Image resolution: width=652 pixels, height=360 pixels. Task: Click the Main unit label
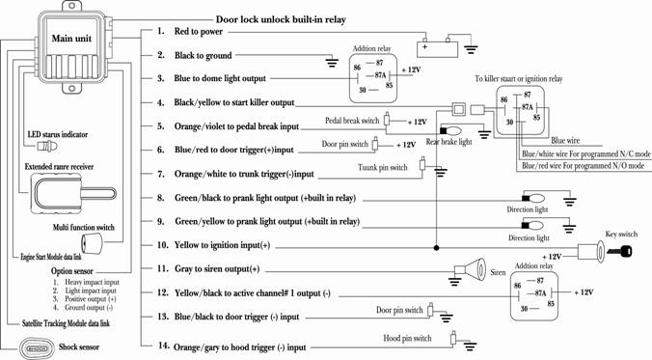pyautogui.click(x=71, y=39)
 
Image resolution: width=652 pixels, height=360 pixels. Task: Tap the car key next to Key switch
pyautogui.click(x=619, y=251)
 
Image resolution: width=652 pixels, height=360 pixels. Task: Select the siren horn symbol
pyautogui.click(x=471, y=269)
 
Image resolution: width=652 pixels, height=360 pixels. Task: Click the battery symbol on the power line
pyautogui.click(x=437, y=47)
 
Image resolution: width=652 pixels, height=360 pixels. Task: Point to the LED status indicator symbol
pyautogui.click(x=47, y=146)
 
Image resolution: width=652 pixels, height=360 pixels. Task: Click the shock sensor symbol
pyautogui.click(x=37, y=347)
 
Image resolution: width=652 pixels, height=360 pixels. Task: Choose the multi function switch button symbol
pyautogui.click(x=92, y=242)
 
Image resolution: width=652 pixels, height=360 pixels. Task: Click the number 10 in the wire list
pyautogui.click(x=162, y=245)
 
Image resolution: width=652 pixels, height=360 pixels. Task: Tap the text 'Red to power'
pyautogui.click(x=199, y=32)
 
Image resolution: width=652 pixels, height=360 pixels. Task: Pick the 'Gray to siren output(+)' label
pyautogui.click(x=217, y=269)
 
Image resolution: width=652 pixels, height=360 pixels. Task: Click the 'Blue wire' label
pyautogui.click(x=565, y=141)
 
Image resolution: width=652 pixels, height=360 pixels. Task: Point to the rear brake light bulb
pyautogui.click(x=450, y=131)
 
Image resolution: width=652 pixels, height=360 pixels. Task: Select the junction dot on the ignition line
pyautogui.click(x=436, y=248)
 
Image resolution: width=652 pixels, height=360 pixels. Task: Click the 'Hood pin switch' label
pyautogui.click(x=407, y=339)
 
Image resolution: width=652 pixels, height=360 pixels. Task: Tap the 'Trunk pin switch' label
pyautogui.click(x=383, y=168)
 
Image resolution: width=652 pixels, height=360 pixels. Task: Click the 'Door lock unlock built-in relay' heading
pyautogui.click(x=281, y=19)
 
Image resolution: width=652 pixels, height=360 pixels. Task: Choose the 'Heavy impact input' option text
pyautogui.click(x=92, y=282)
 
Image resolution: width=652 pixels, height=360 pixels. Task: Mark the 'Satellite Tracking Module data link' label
pyautogui.click(x=66, y=323)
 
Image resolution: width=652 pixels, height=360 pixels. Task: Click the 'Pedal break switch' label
pyautogui.click(x=352, y=121)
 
